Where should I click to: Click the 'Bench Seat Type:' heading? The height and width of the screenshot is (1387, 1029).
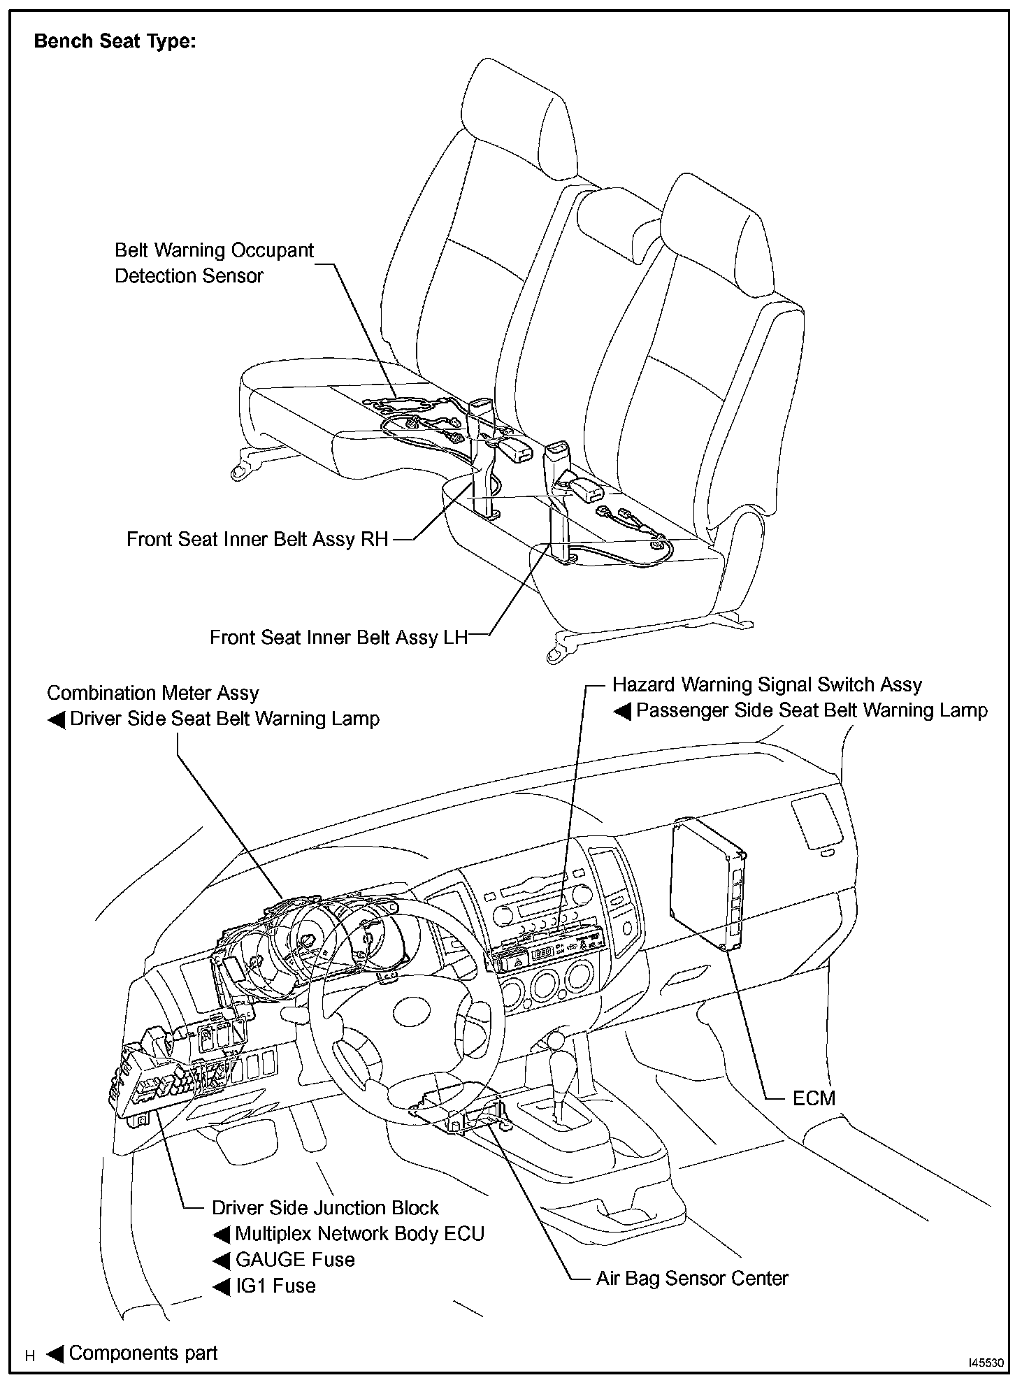[115, 42]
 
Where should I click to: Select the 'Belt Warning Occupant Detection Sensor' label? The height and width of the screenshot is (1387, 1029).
[214, 263]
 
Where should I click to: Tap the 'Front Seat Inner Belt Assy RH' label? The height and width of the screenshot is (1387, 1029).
[257, 540]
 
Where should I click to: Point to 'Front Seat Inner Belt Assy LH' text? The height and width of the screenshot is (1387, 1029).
[338, 638]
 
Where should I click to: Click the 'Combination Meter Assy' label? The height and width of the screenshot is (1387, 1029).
[152, 693]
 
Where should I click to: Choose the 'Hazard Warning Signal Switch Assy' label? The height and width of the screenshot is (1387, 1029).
[767, 685]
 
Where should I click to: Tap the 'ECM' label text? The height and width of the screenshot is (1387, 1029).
[814, 1098]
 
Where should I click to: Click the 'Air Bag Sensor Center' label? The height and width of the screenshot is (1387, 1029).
[691, 1279]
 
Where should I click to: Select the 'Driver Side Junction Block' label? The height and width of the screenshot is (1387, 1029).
[325, 1208]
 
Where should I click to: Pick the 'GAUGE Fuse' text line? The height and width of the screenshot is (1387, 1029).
[295, 1260]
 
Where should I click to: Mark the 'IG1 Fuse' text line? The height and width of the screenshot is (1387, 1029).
[275, 1286]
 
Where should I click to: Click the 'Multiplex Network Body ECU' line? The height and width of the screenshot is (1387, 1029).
[359, 1234]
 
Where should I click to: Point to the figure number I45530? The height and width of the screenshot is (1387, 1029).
[986, 1363]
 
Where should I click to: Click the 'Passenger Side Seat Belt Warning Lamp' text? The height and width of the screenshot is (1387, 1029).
[812, 711]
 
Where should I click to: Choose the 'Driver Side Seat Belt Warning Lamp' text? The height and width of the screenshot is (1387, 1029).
[224, 719]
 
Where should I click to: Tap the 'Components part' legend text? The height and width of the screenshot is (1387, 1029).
[143, 1353]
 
